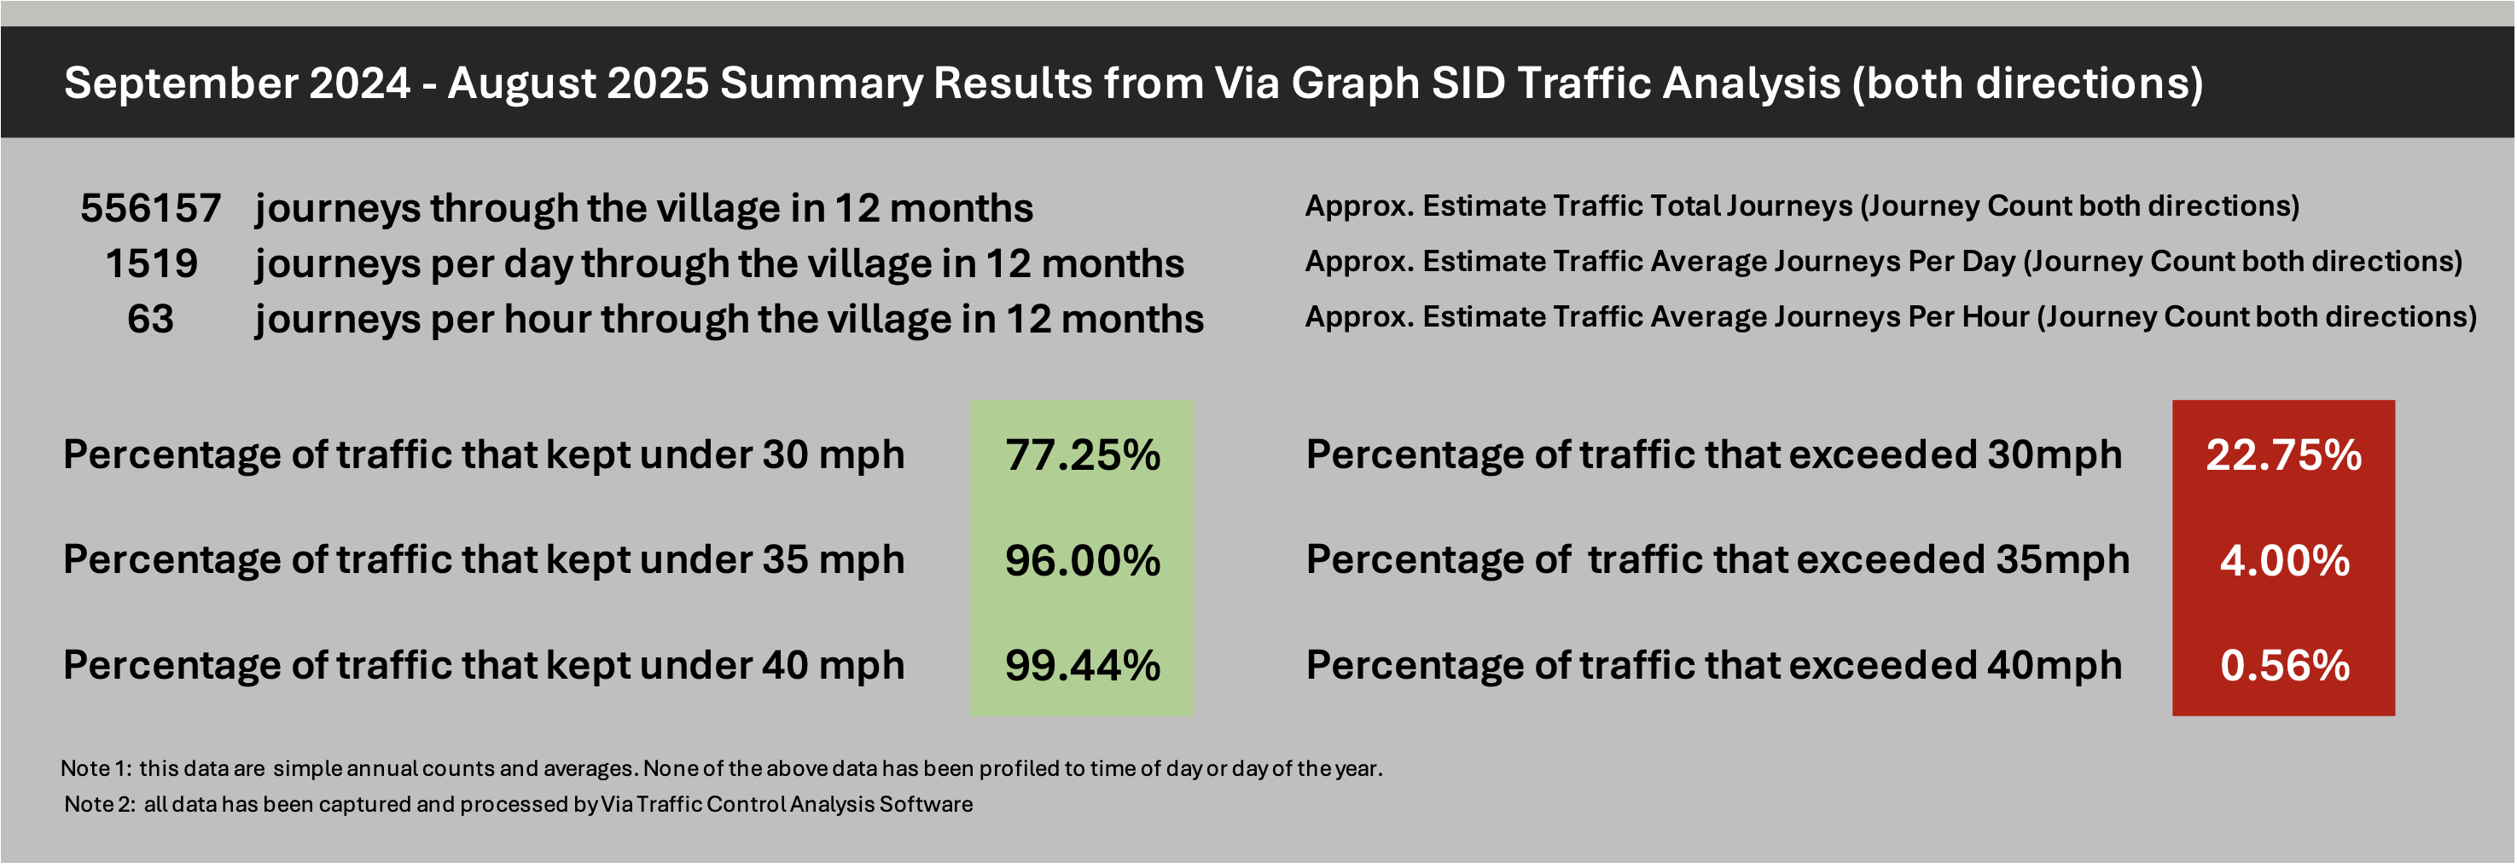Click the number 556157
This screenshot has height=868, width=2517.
(x=150, y=208)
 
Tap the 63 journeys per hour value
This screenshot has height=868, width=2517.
(x=150, y=319)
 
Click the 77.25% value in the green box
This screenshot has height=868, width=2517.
(x=1082, y=455)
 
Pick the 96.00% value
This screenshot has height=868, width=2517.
(x=1082, y=560)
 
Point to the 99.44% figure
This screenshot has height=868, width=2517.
(x=1082, y=666)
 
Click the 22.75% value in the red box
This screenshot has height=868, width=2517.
(x=2283, y=455)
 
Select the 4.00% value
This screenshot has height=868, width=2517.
(x=2283, y=560)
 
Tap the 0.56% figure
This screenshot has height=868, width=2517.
(x=2283, y=666)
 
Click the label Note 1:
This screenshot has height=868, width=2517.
(x=95, y=768)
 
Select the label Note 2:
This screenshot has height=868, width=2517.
(x=99, y=805)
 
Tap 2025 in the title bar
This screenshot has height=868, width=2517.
(x=657, y=83)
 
